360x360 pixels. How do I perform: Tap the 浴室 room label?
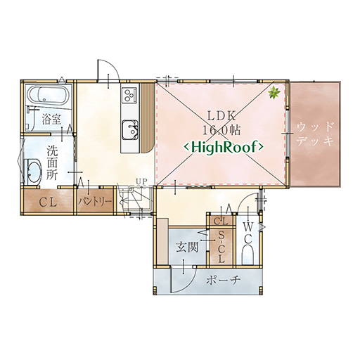[x=51, y=120]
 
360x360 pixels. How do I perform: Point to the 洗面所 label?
[x=52, y=162]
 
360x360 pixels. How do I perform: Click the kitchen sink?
[x=129, y=130]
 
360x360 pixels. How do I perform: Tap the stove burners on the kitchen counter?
[x=129, y=95]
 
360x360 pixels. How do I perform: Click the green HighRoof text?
[x=224, y=147]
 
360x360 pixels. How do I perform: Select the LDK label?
[x=221, y=116]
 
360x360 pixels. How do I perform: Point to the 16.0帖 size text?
[x=221, y=130]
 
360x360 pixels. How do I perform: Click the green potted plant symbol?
[x=274, y=93]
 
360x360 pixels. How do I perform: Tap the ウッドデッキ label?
[x=315, y=134]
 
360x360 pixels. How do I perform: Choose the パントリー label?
[x=95, y=202]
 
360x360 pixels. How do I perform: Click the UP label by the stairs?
[x=141, y=181]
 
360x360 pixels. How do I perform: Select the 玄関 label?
[x=187, y=247]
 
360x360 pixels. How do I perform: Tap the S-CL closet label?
[x=221, y=247]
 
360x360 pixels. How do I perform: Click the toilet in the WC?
[x=247, y=255]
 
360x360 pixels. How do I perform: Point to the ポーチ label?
[x=224, y=280]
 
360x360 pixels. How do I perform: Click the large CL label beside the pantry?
[x=48, y=202]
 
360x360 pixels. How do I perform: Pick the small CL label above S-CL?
[x=221, y=221]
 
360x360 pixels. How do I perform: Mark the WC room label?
[x=247, y=233]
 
